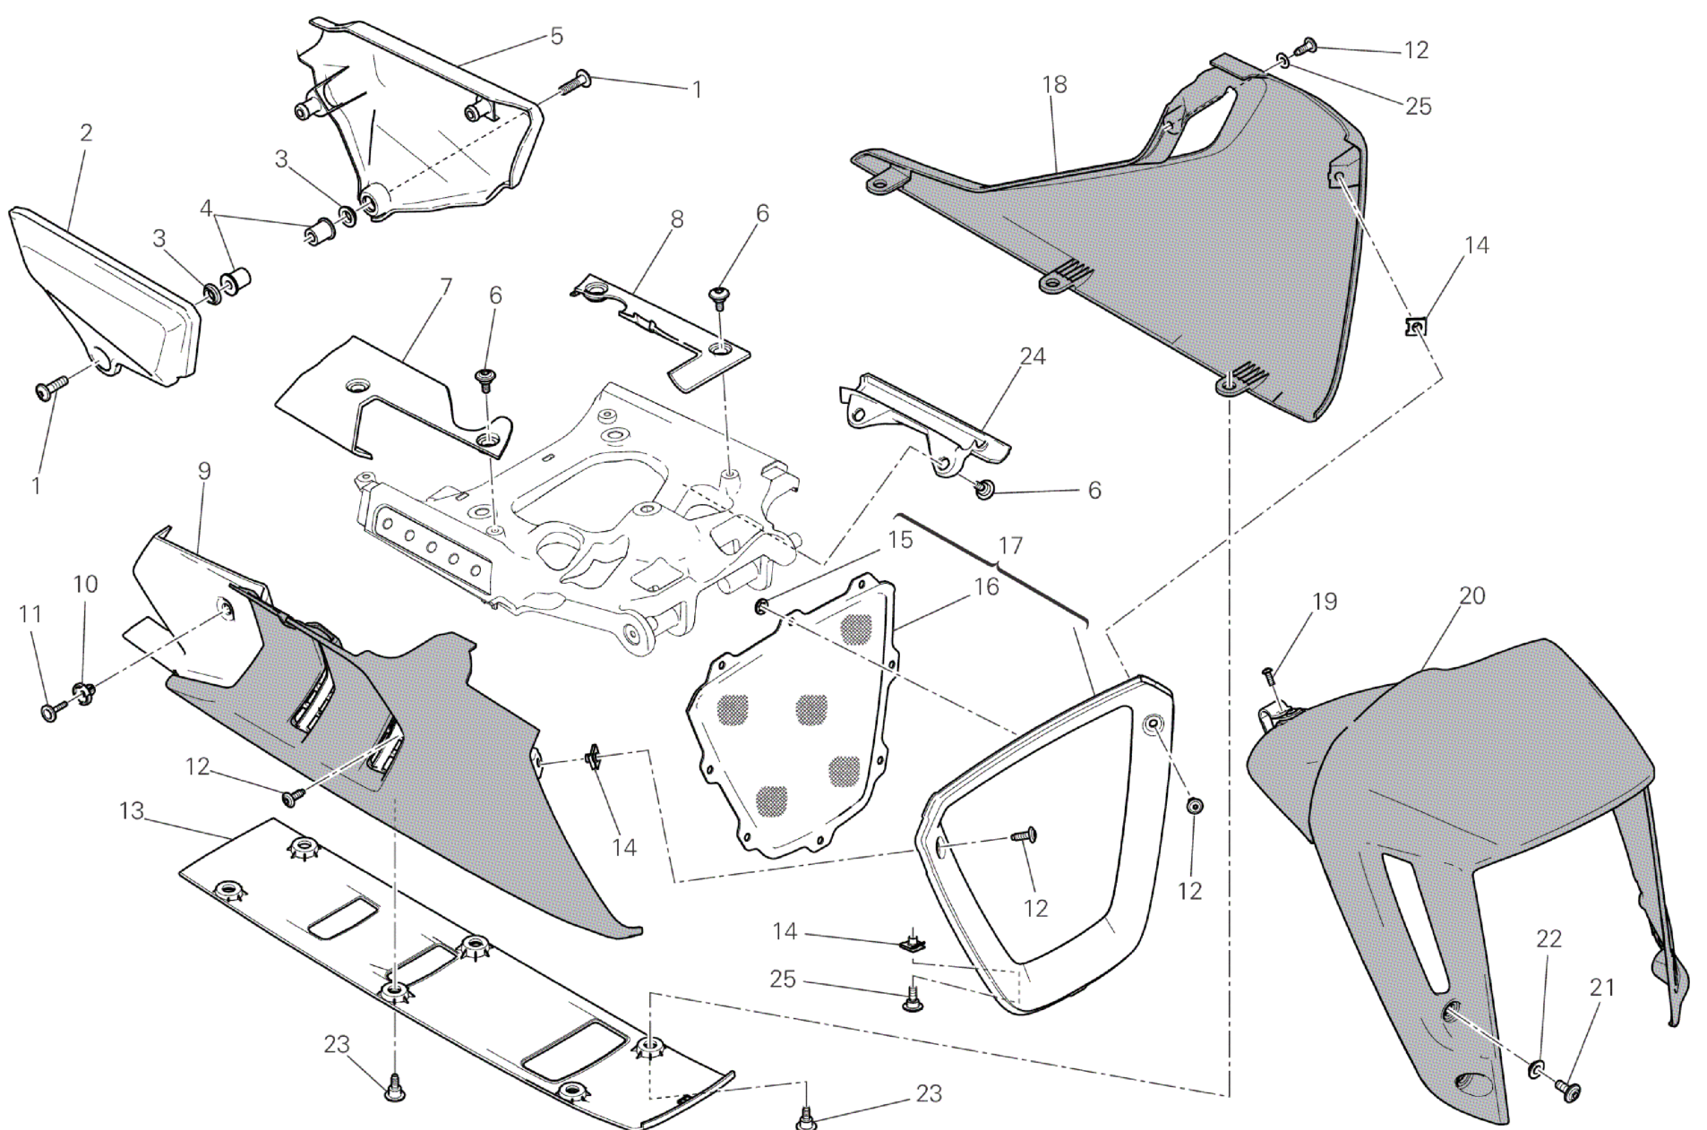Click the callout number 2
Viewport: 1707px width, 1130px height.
[86, 133]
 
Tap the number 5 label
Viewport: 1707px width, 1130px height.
[556, 36]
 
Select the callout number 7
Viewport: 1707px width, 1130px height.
[446, 287]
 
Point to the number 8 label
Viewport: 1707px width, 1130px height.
[677, 219]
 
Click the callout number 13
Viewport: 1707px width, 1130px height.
[132, 811]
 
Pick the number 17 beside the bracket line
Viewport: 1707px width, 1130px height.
[1010, 545]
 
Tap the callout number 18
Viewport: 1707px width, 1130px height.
[1055, 85]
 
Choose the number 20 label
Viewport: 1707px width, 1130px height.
[1472, 595]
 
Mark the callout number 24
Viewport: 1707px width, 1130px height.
[1033, 356]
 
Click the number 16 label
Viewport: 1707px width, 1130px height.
[986, 587]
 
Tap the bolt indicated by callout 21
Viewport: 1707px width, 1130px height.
[1568, 1089]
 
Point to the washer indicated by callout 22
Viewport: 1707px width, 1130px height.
[1536, 1067]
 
